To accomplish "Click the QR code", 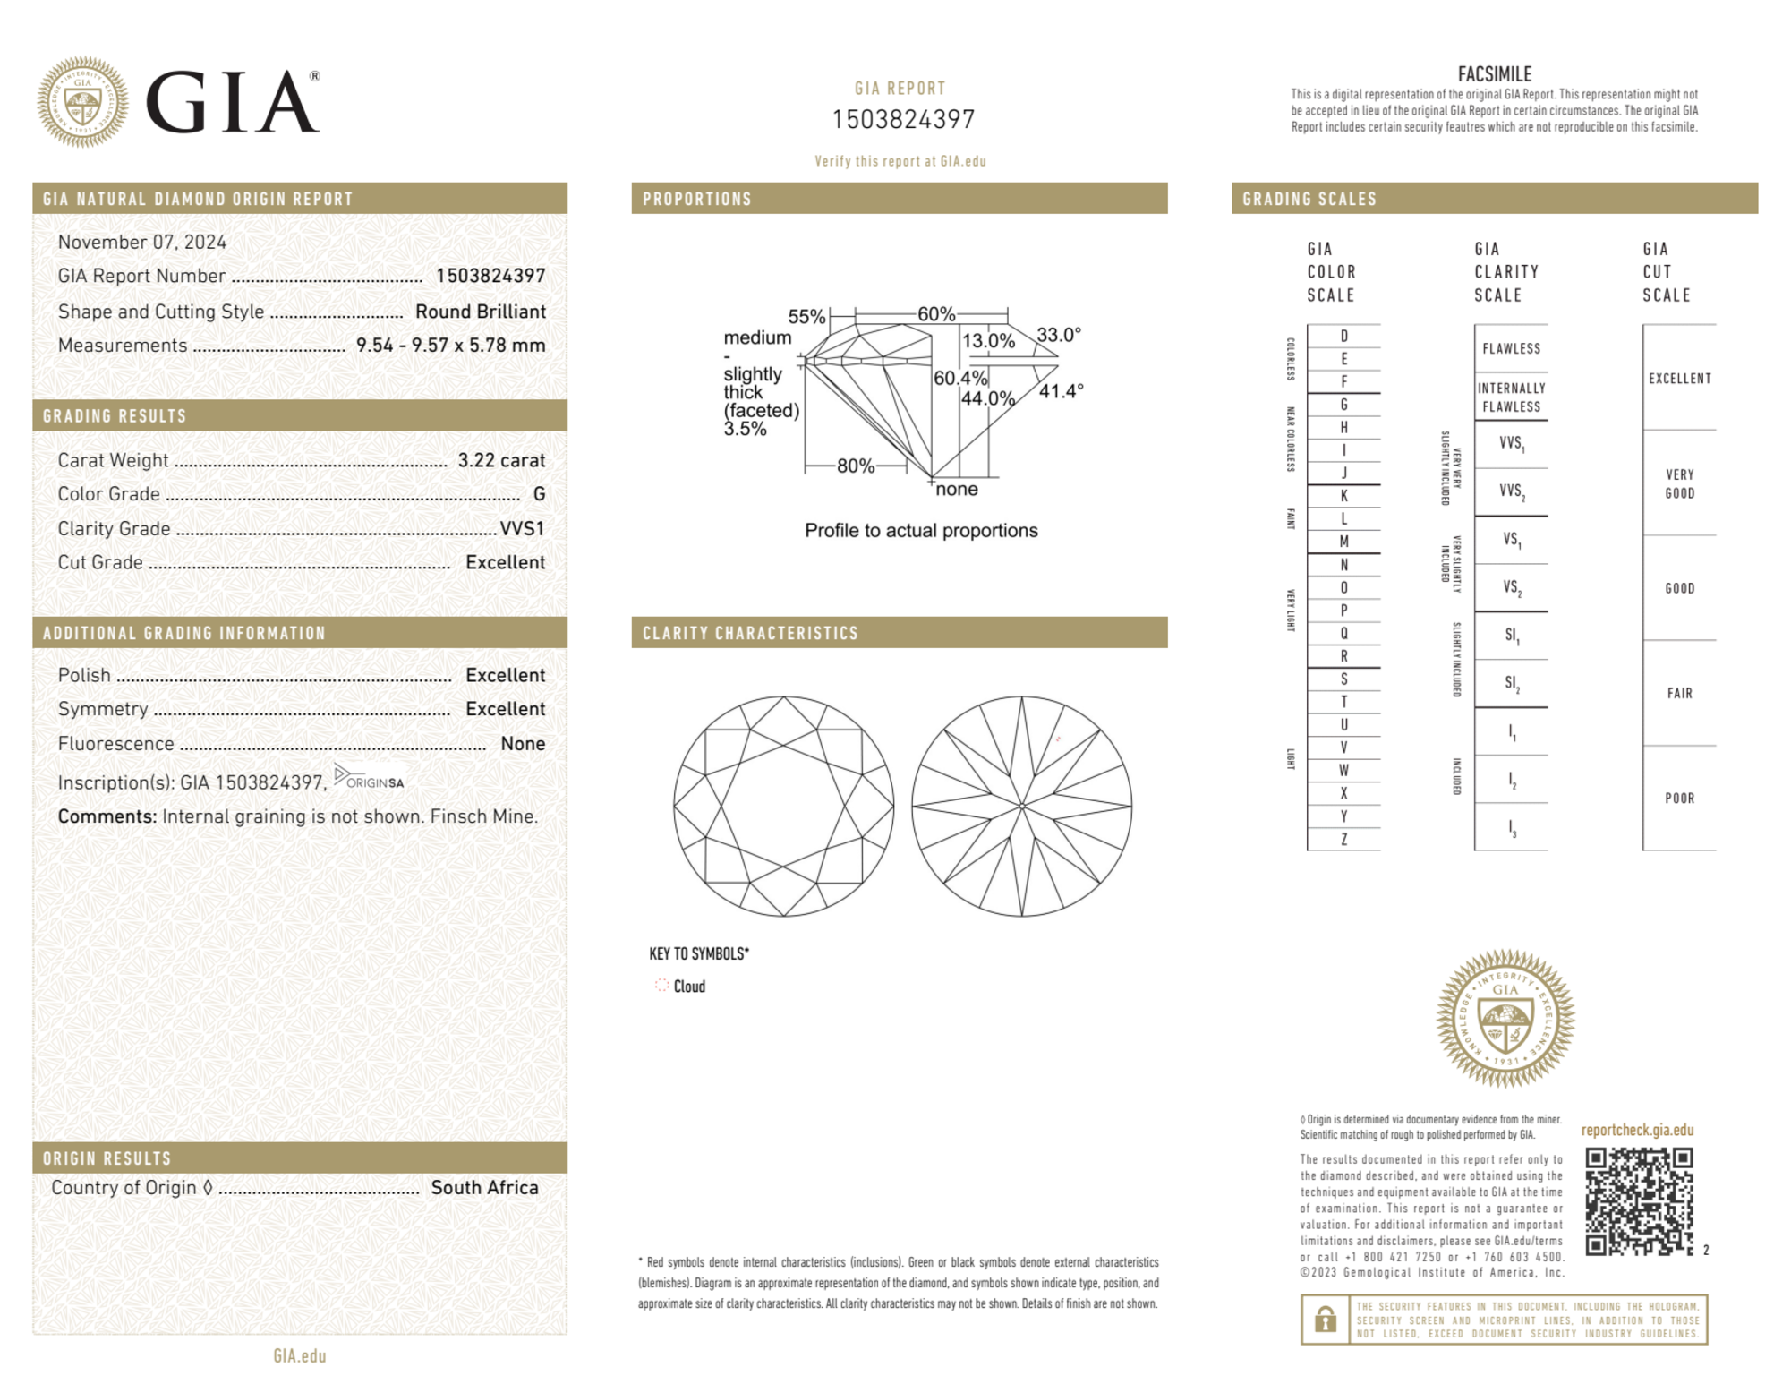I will point(1638,1201).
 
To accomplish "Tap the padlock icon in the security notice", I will point(1325,1320).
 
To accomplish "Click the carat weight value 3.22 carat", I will point(501,460).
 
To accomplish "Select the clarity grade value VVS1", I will point(522,528).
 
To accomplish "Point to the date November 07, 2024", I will point(142,242).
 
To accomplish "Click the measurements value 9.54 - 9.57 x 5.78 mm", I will point(450,346).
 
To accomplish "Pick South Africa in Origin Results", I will point(484,1187).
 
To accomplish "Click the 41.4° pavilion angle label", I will point(1061,391).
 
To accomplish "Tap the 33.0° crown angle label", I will point(1059,335).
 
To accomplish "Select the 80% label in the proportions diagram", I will point(856,466).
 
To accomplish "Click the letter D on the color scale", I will point(1343,336).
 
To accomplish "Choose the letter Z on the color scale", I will point(1343,839).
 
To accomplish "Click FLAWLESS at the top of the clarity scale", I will point(1511,348).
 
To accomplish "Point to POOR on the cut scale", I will point(1679,798).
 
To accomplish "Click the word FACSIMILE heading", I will point(1494,74).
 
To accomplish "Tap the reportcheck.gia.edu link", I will point(1637,1130).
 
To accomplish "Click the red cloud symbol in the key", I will point(661,986).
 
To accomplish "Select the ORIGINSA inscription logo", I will point(369,778).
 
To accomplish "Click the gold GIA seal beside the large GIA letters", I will point(82,102).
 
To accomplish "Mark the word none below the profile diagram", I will point(956,489).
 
